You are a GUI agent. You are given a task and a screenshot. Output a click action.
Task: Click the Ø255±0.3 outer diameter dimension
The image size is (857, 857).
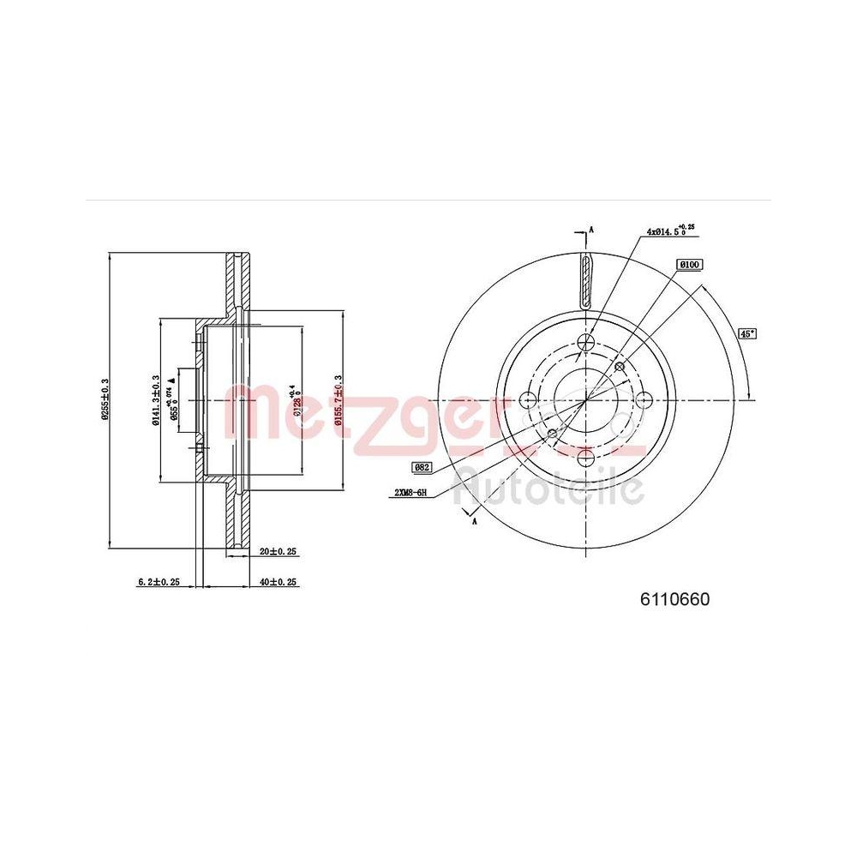(x=105, y=399)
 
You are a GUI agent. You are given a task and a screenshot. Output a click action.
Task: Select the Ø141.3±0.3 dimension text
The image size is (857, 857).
(x=154, y=399)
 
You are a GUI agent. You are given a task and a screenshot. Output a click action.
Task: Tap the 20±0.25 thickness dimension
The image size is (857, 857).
(x=278, y=553)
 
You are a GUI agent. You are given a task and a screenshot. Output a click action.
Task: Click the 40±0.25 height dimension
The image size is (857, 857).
(x=278, y=582)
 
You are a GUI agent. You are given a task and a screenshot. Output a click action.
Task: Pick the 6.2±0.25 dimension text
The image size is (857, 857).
(x=159, y=582)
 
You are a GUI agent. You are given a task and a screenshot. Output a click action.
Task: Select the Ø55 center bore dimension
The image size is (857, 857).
(x=174, y=399)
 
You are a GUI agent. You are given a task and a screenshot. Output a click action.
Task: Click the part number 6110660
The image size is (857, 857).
(x=674, y=600)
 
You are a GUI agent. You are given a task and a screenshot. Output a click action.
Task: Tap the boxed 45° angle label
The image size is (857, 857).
(x=749, y=333)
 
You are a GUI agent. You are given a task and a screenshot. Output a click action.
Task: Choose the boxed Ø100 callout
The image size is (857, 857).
(x=689, y=266)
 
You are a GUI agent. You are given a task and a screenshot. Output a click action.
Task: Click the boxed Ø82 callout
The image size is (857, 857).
(x=422, y=467)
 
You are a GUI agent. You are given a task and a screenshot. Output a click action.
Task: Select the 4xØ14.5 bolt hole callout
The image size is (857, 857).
(x=669, y=231)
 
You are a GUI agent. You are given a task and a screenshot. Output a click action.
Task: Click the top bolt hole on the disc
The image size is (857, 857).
(x=586, y=341)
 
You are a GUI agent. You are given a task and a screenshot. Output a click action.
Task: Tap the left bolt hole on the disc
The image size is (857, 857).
(x=528, y=399)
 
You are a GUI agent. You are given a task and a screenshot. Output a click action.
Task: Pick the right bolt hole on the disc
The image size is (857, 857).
(x=644, y=399)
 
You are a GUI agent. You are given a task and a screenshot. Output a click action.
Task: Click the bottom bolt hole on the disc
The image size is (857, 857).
(x=586, y=458)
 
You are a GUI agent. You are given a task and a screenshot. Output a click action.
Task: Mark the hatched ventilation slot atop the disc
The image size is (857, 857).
(x=586, y=281)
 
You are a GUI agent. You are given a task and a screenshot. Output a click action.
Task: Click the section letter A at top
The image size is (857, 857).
(x=590, y=231)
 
